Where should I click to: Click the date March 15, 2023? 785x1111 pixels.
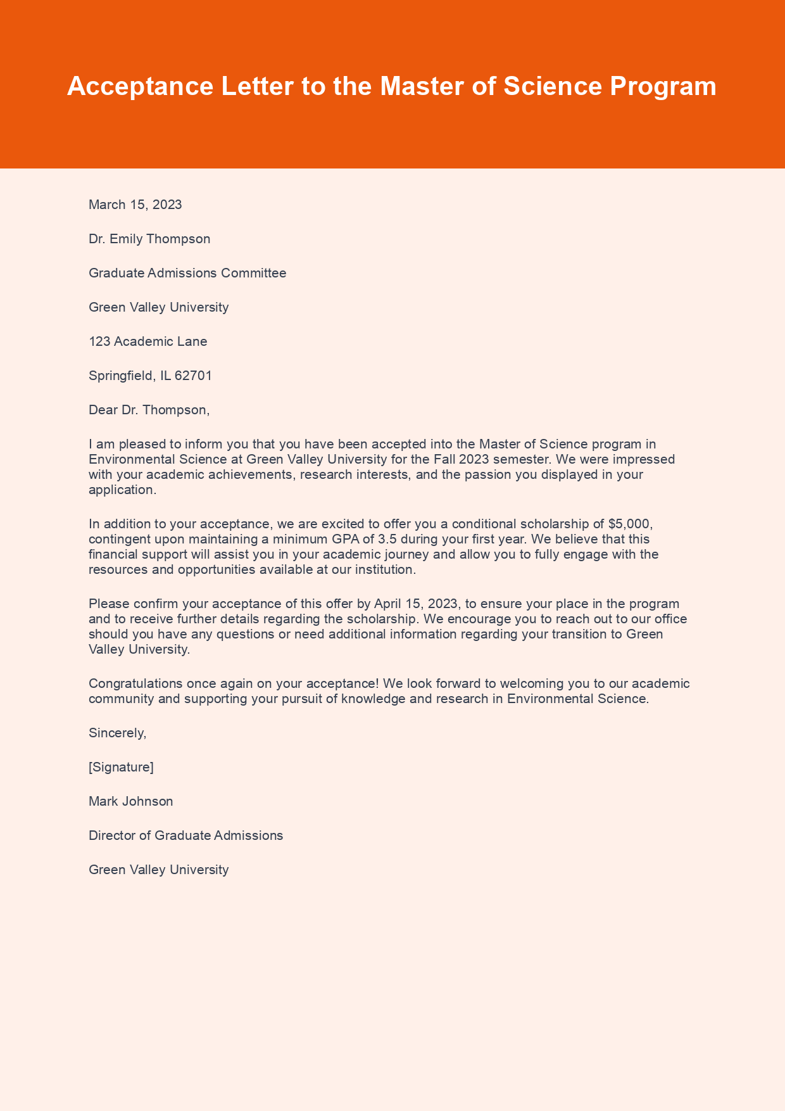135,205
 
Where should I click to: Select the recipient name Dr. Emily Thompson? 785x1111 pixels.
149,239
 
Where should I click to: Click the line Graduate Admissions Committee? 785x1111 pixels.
187,273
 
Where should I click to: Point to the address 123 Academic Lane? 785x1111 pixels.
148,341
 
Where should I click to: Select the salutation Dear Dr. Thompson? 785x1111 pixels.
149,410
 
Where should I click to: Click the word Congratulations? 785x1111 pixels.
133,683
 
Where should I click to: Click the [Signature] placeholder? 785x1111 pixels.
121,767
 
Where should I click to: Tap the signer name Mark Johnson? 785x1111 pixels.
130,801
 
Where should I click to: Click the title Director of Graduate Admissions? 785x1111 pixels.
185,835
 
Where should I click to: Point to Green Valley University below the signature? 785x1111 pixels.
158,870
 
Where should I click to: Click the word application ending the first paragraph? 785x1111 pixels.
120,490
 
